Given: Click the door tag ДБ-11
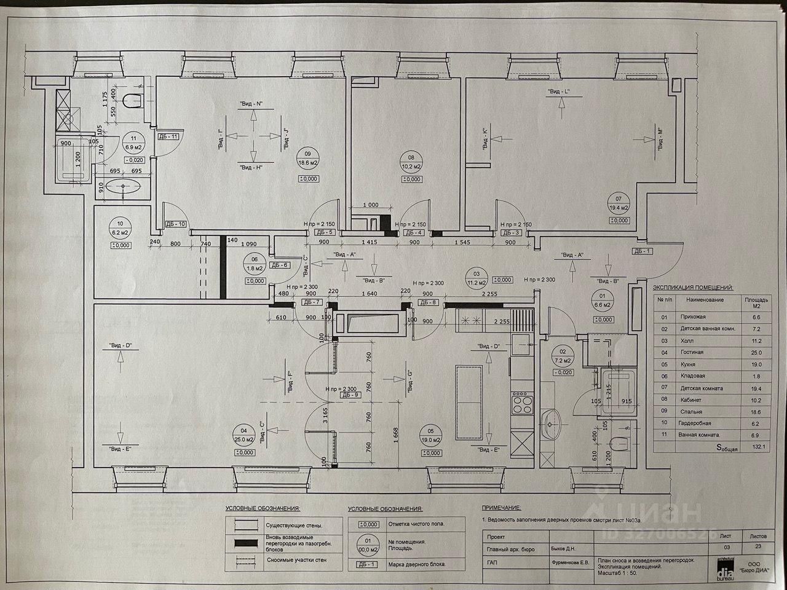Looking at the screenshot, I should [x=168, y=136].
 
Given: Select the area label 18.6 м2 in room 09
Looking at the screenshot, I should [x=307, y=163].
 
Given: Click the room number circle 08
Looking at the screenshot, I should [x=411, y=156].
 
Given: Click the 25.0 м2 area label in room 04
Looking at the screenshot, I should [x=245, y=440].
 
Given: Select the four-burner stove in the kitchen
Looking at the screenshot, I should [x=521, y=404].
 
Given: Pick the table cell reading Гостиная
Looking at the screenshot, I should [x=692, y=352].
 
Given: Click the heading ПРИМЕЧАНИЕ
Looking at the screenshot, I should [x=500, y=509].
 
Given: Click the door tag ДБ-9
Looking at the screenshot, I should [x=351, y=395].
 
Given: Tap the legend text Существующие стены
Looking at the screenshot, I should [x=294, y=526].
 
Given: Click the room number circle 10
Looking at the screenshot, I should [x=120, y=224].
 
